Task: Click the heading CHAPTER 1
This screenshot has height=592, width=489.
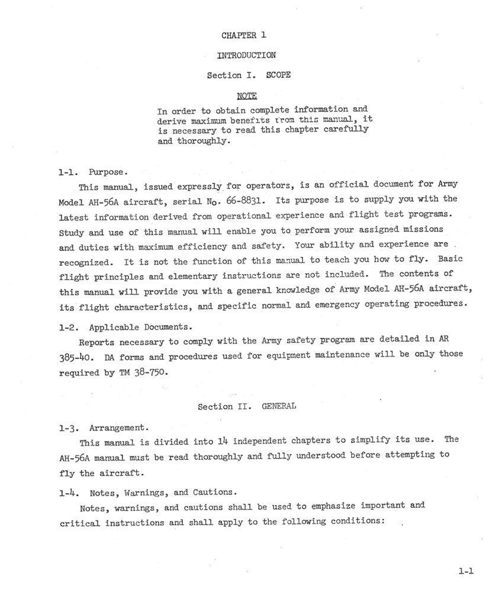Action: tap(244, 36)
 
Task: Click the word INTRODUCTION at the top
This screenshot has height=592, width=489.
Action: tap(246, 56)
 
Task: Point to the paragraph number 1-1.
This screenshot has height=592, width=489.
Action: tap(69, 173)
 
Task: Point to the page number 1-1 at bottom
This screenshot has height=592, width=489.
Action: tap(467, 572)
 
